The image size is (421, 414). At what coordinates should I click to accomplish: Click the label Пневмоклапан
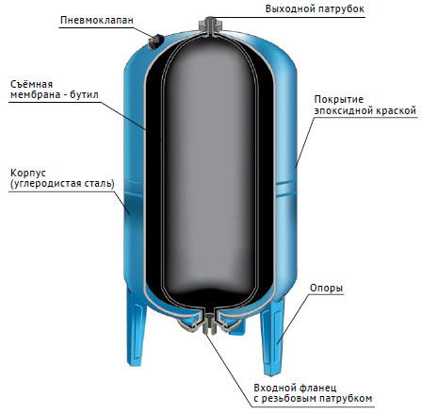point(97,20)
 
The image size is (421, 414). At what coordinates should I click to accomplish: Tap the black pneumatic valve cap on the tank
point(155,41)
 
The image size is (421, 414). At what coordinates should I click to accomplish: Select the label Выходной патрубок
point(315,9)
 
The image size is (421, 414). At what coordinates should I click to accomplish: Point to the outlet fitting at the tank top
point(210,25)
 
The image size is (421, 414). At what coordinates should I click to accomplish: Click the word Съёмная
point(31,84)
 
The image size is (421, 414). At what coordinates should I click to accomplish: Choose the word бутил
point(84,94)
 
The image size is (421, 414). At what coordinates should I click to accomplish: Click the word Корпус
point(28,174)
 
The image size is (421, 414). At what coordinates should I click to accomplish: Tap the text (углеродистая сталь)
point(62,184)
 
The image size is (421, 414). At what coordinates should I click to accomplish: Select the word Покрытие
point(339,100)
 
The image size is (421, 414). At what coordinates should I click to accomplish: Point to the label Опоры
point(326,289)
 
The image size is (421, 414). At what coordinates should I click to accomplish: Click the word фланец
point(317,388)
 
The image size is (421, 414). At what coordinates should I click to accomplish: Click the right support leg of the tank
point(272,337)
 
